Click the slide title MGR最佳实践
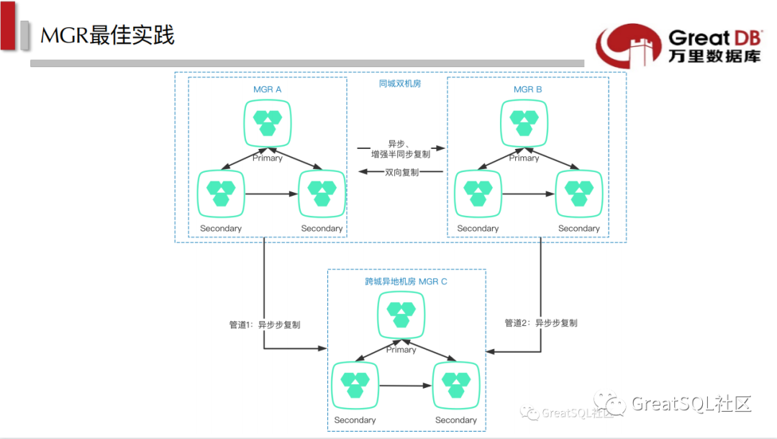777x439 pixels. (107, 35)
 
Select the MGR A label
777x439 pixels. (268, 89)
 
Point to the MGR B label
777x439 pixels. (527, 89)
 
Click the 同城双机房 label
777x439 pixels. (400, 84)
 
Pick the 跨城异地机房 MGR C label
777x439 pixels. (406, 281)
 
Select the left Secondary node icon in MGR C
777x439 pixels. (355, 385)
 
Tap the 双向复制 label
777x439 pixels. (402, 173)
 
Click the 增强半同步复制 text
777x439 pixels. (401, 154)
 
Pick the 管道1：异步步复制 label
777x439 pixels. (265, 325)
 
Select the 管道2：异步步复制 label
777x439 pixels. (540, 323)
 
